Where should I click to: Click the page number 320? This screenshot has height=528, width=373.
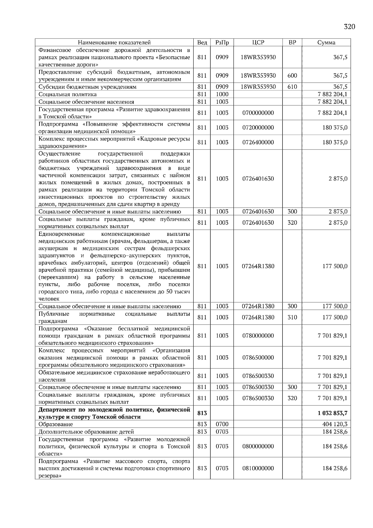(349, 27)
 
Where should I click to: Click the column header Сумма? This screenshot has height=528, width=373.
(326, 43)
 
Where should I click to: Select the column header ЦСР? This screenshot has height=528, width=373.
(258, 43)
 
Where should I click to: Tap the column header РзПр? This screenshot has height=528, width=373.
(222, 43)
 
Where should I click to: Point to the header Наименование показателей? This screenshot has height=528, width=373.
(114, 43)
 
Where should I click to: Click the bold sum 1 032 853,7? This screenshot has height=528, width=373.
(332, 413)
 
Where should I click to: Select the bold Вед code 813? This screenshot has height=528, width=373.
(202, 413)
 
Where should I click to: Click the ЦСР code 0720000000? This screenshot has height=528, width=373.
(258, 127)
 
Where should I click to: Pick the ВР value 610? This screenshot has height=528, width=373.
(292, 87)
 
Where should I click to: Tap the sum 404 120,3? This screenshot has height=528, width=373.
(335, 424)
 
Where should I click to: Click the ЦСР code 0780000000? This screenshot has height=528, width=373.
(258, 336)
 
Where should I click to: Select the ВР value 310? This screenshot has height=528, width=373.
(292, 317)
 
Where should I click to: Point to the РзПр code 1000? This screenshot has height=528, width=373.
(222, 94)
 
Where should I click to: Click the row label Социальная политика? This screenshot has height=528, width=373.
(67, 94)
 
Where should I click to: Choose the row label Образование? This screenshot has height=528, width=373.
(56, 424)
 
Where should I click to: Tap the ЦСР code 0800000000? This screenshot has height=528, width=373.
(258, 446)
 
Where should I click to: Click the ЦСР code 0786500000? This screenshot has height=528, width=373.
(258, 358)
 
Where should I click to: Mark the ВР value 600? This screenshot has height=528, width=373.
(292, 76)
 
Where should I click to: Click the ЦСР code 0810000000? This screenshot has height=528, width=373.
(258, 468)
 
